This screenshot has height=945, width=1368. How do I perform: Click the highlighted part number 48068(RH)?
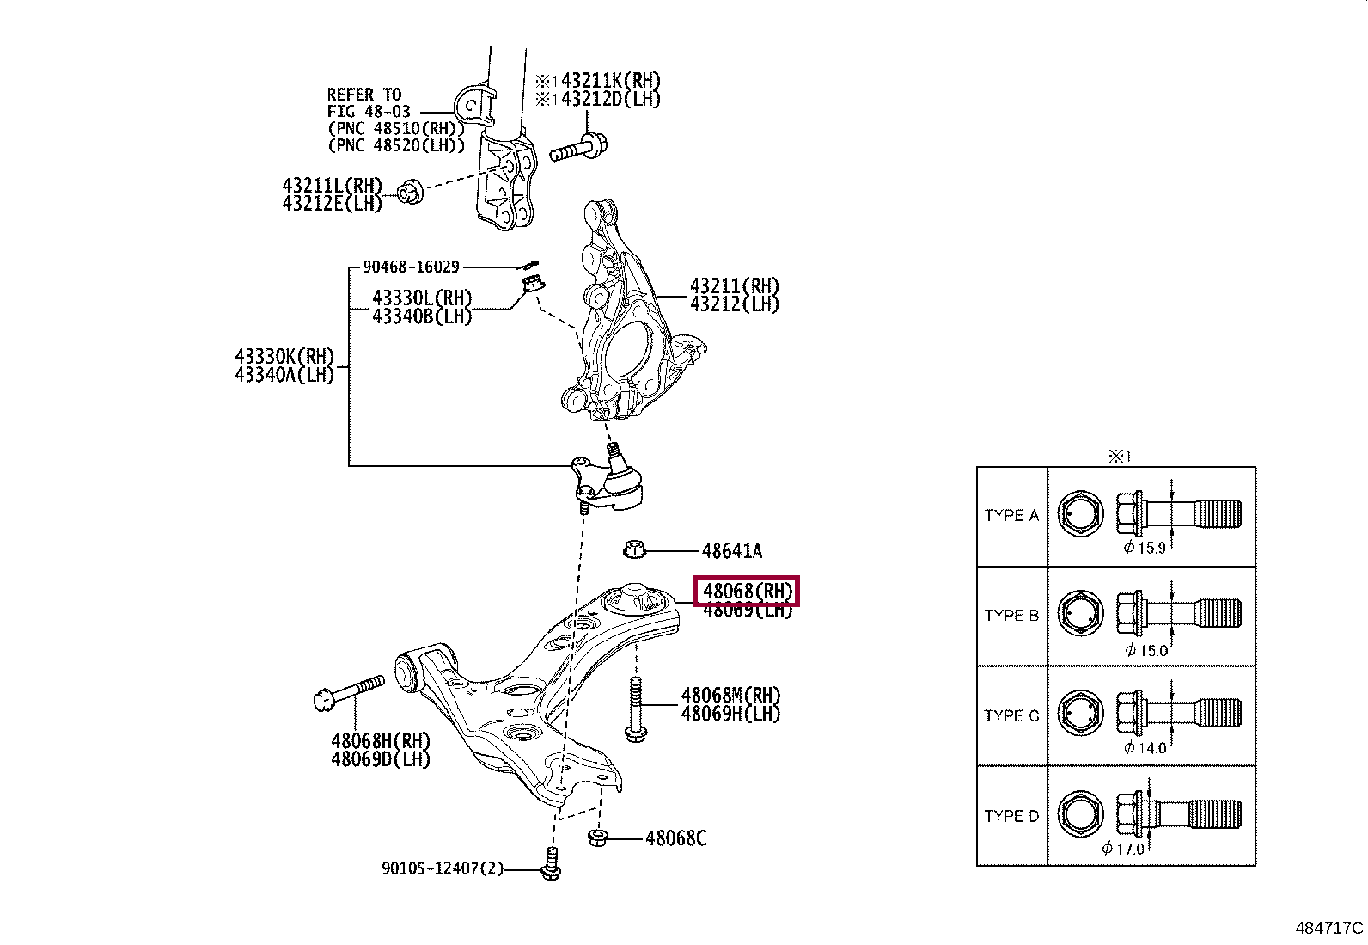(747, 592)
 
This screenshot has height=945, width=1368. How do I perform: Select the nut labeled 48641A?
(634, 549)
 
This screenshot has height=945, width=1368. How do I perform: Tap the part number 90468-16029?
(411, 267)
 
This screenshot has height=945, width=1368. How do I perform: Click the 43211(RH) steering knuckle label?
(734, 286)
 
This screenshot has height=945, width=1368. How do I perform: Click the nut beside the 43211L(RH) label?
(412, 191)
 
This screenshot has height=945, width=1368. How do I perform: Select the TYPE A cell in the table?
(1011, 516)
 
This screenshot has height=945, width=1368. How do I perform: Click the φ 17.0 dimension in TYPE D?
(1123, 849)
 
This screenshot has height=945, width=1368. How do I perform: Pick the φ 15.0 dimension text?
(1146, 651)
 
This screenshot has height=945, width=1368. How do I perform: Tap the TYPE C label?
(1011, 715)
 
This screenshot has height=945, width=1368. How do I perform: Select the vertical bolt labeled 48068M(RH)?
(635, 708)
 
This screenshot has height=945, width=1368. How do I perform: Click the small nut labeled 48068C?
(599, 837)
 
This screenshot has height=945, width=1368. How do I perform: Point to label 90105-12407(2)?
(442, 869)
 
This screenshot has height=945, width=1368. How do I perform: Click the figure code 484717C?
(1328, 928)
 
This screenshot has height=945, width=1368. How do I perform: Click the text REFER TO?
(364, 95)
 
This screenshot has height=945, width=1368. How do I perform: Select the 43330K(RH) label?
(284, 357)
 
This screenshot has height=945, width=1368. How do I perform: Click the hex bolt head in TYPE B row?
(1080, 615)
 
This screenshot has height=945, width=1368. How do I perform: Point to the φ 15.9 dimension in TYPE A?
(1144, 549)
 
